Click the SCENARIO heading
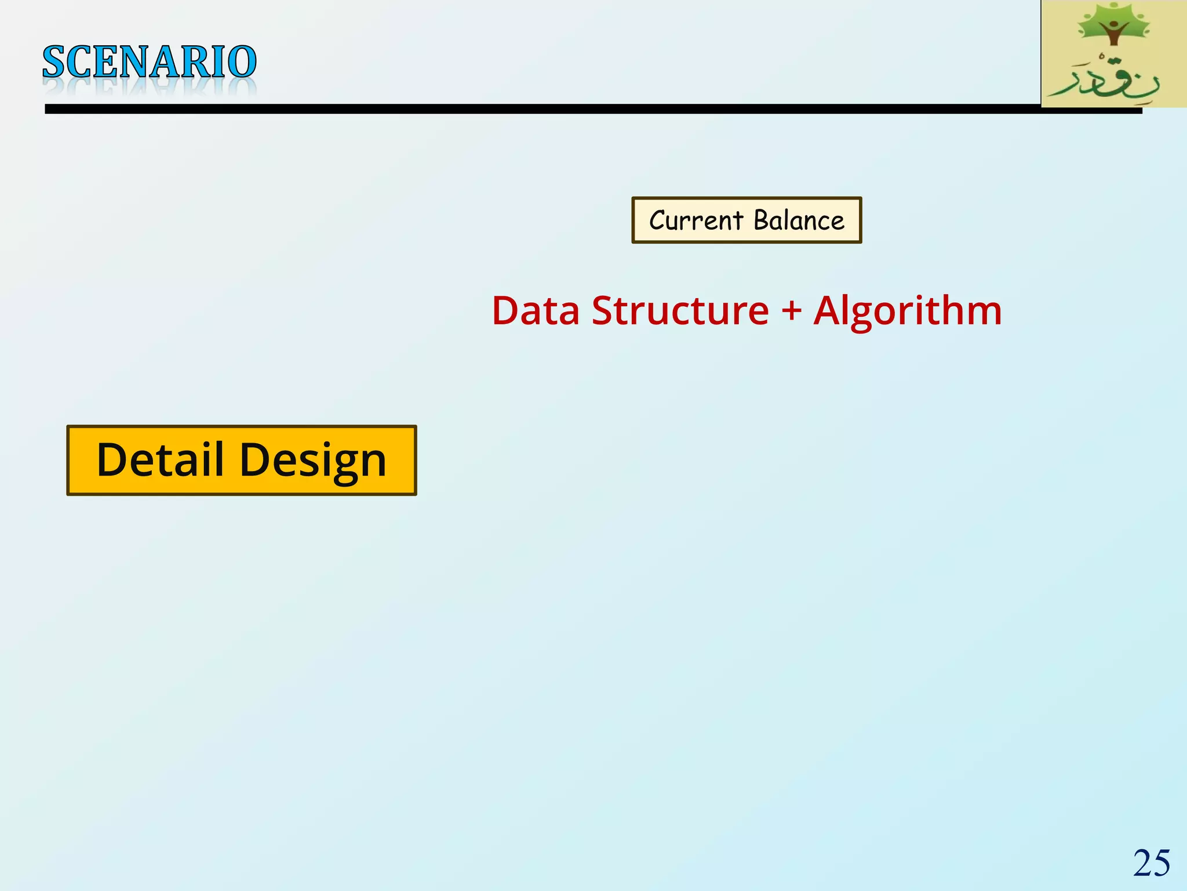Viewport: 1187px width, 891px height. [x=150, y=62]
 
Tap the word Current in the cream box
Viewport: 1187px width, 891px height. [x=696, y=220]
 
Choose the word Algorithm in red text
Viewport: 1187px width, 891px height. [x=908, y=312]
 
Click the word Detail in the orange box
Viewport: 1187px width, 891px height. [x=160, y=459]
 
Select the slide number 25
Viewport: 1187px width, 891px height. [x=1152, y=863]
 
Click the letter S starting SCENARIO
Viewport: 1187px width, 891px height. [x=53, y=62]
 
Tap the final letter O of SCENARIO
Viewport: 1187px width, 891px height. [x=242, y=62]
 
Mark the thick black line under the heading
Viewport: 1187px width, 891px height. [x=580, y=109]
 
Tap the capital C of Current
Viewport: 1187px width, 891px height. [x=657, y=220]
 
